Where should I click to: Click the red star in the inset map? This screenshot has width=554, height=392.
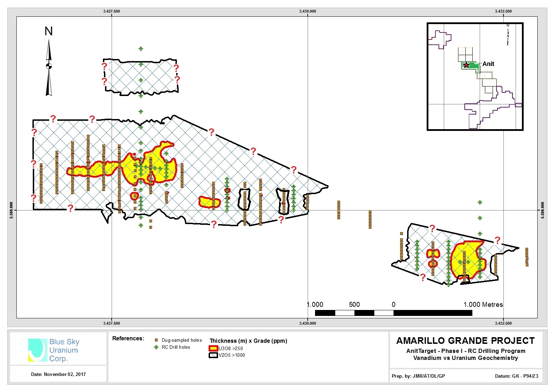click(x=466, y=65)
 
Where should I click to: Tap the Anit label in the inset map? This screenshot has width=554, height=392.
click(x=488, y=64)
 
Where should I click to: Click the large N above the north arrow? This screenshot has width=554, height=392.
click(x=49, y=31)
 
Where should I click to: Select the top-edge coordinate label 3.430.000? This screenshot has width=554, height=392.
click(x=308, y=11)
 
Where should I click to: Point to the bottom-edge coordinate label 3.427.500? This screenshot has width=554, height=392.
click(x=112, y=323)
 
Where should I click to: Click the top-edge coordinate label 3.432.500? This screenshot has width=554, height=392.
click(x=503, y=11)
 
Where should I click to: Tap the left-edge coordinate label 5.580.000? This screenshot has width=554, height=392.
click(x=12, y=210)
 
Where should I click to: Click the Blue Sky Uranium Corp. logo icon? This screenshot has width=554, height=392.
click(x=38, y=350)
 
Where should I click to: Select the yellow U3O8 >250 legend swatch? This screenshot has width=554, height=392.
click(x=214, y=348)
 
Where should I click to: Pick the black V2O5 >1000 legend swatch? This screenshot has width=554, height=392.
click(x=214, y=355)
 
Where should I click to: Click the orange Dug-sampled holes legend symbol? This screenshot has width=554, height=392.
click(x=156, y=340)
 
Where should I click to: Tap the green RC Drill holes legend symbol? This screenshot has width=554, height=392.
click(x=156, y=347)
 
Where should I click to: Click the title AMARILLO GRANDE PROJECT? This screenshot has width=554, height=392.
click(x=465, y=341)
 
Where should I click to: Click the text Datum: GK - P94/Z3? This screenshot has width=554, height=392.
click(x=516, y=376)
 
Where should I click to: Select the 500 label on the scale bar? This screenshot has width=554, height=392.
click(x=354, y=304)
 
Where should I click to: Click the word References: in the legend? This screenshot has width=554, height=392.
click(x=128, y=338)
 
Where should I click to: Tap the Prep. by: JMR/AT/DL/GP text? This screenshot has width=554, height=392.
click(x=418, y=376)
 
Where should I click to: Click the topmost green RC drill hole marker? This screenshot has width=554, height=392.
click(x=141, y=49)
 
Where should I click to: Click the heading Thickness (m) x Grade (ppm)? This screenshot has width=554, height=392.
click(x=248, y=341)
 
